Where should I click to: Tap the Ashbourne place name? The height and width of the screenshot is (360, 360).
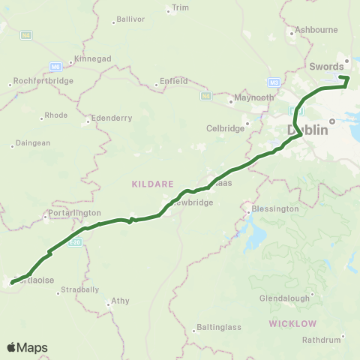317,29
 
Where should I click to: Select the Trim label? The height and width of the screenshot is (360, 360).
181,7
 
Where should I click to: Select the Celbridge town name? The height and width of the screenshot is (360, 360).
226,128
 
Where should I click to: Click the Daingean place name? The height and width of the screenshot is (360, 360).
33,142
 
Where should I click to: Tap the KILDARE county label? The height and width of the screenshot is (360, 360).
153,183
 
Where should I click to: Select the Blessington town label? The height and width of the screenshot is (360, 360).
275,208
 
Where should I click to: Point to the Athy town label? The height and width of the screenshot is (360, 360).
120,301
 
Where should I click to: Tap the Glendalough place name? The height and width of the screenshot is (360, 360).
285,298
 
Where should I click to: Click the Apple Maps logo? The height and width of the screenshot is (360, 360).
27,347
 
